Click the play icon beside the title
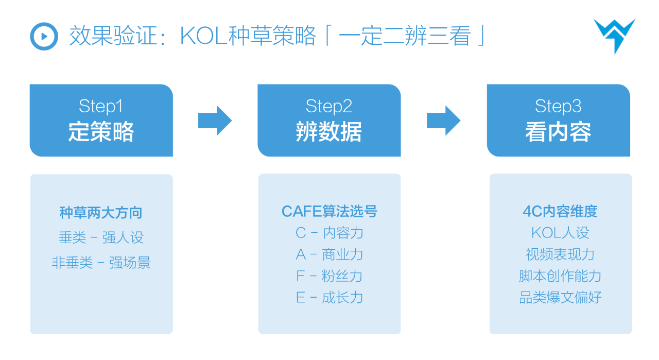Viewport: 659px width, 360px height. pos(44,37)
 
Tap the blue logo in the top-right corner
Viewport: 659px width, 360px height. pos(614,35)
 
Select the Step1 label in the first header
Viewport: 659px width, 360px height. pos(101,106)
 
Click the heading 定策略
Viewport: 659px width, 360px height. pos(101,132)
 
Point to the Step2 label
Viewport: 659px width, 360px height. pos(328,106)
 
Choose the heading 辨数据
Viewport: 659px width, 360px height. pos(328,132)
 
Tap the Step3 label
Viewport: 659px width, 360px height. pos(558,106)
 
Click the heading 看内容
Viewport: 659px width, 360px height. pos(558,132)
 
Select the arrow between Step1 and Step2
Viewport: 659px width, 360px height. pos(215,121)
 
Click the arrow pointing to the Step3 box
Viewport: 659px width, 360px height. pos(443,121)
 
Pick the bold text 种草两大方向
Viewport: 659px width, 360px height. pos(101,212)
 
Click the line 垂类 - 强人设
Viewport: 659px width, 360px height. pos(101,237)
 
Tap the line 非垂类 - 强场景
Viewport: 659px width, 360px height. pos(101,263)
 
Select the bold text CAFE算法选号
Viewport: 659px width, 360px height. pos(329,211)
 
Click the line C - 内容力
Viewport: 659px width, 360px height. pos(329,233)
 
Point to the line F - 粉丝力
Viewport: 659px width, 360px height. pos(329,276)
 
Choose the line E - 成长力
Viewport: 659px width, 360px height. pos(329,298)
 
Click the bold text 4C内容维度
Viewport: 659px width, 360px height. pos(560,211)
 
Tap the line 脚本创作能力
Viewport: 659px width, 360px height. pos(560,276)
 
